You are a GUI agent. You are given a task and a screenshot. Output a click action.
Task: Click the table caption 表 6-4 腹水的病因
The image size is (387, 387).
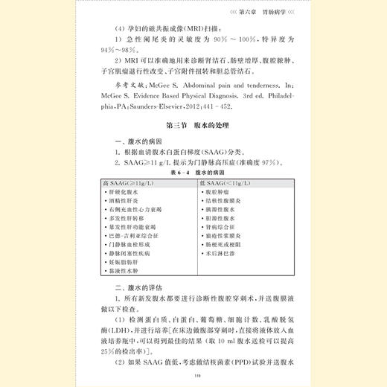point(193,171)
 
